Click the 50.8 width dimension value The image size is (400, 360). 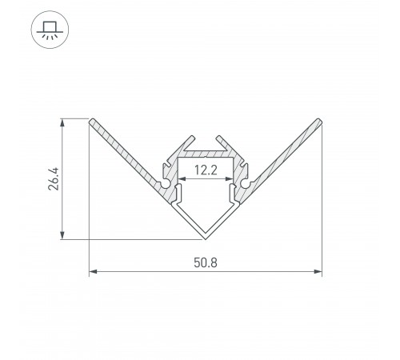(x=206, y=262)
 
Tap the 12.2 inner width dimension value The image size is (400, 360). (x=206, y=170)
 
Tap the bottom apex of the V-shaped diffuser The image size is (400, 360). (x=206, y=238)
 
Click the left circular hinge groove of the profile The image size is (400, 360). (x=166, y=186)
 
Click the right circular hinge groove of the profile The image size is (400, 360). (x=246, y=186)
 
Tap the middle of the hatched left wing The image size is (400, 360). (x=128, y=155)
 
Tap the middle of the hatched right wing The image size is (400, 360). (x=283, y=155)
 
